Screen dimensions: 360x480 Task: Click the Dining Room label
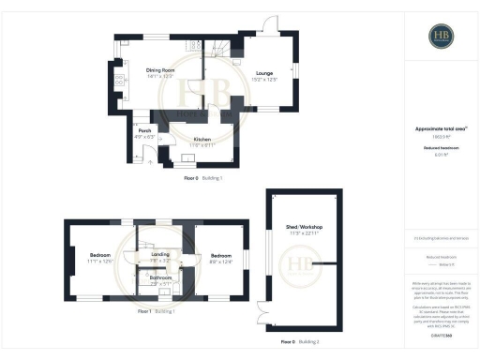[x=160, y=70]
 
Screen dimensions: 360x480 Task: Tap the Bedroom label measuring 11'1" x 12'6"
[x=99, y=256]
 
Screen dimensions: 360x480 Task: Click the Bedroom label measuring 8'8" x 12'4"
[x=221, y=256]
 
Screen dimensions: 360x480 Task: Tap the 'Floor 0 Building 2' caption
[x=300, y=341]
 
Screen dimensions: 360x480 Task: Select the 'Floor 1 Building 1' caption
[x=157, y=310]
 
